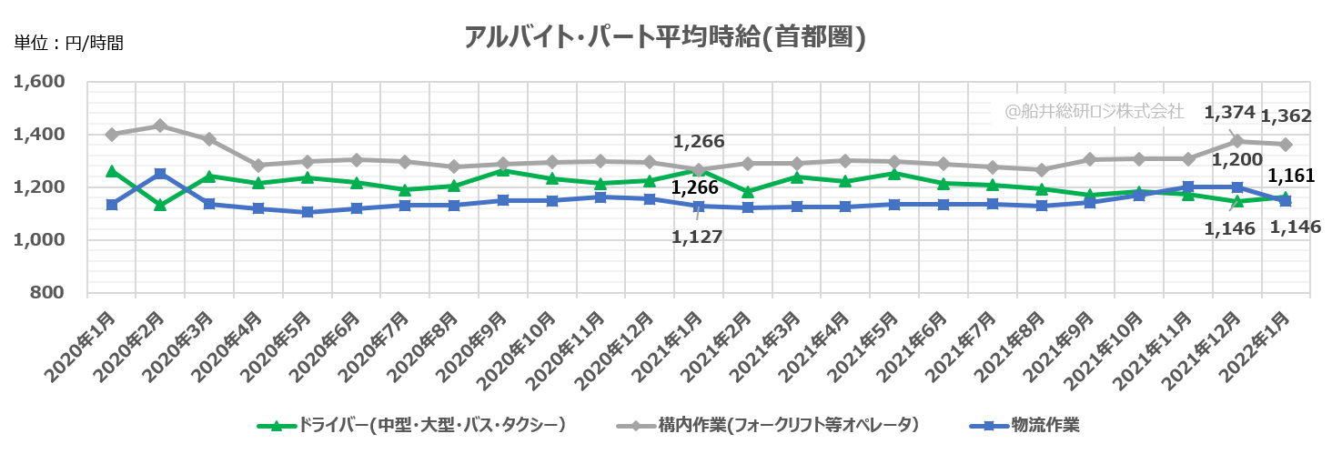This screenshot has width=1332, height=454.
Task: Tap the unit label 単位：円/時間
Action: pos(68,42)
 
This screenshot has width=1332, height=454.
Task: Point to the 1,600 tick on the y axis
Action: pos(39,82)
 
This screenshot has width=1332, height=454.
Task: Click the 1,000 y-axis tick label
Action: pos(39,240)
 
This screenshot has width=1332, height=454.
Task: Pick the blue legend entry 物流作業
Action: pos(1036,425)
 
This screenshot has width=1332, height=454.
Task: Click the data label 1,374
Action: pos(1229,113)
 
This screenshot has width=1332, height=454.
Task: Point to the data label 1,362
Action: pos(1286,116)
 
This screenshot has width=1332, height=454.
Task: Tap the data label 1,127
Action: pos(698,237)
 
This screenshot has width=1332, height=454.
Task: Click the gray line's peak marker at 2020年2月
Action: pos(160,126)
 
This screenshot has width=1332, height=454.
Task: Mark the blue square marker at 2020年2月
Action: pos(160,174)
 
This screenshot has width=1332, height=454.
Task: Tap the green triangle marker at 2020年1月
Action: pos(111,171)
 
